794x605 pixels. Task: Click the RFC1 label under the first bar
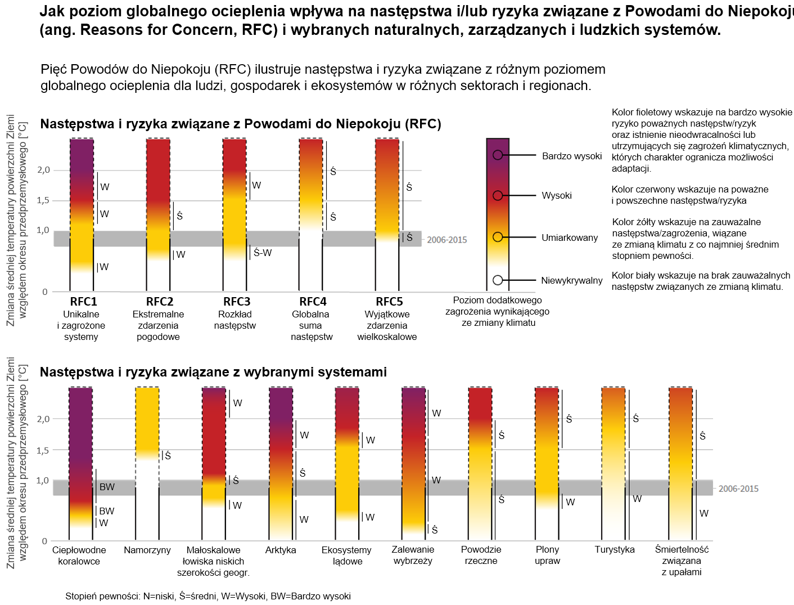84,302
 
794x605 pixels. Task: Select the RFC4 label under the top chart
313,302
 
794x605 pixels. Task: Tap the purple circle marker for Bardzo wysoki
498,155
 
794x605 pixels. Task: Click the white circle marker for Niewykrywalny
498,280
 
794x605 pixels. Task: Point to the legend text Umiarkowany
570,238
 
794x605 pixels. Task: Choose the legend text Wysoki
557,195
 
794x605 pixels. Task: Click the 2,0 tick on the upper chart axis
44,170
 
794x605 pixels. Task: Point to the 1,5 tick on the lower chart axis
43,450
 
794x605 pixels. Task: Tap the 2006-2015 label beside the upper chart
446,240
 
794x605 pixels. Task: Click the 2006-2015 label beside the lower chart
738,489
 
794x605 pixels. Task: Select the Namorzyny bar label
147,550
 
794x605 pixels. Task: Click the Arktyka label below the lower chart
281,550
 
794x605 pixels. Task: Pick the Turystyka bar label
615,550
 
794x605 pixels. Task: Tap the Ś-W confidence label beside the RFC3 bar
263,253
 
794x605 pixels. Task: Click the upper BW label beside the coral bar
107,487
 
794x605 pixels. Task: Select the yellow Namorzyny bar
147,424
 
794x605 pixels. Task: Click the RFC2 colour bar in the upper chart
158,199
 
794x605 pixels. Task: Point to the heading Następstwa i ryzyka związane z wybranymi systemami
214,372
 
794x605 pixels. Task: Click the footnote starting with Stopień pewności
208,596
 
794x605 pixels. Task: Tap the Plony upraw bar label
547,555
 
